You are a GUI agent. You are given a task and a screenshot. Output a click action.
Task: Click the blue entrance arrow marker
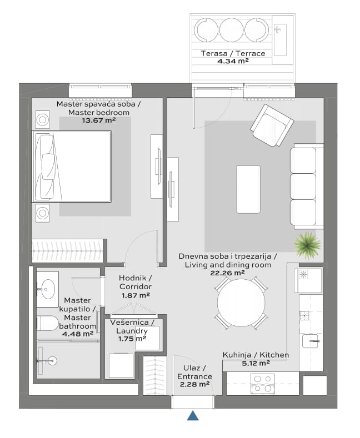193,416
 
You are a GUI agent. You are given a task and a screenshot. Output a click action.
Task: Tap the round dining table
241,303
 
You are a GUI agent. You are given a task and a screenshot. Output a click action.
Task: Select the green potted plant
307,245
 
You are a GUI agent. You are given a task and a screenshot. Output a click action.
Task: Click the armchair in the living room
272,125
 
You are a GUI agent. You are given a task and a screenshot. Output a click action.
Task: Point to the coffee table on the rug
248,189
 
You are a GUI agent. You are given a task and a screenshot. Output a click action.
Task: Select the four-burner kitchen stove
263,384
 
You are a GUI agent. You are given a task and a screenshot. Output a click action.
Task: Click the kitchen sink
310,341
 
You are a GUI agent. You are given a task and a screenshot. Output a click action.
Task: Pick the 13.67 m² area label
99,120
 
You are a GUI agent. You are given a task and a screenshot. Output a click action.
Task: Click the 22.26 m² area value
228,273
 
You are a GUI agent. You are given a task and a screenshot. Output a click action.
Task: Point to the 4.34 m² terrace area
233,61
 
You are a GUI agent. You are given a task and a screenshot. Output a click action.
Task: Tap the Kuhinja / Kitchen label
256,355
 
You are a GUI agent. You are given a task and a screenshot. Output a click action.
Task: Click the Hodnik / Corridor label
136,282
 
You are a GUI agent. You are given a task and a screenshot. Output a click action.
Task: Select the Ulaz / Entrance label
194,372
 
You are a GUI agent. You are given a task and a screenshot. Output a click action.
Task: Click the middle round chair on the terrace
232,30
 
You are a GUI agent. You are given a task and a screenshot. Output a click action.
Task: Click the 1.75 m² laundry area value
132,339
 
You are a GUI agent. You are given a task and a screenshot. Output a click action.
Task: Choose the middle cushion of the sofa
303,187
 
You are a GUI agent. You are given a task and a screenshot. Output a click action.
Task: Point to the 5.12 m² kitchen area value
256,363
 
